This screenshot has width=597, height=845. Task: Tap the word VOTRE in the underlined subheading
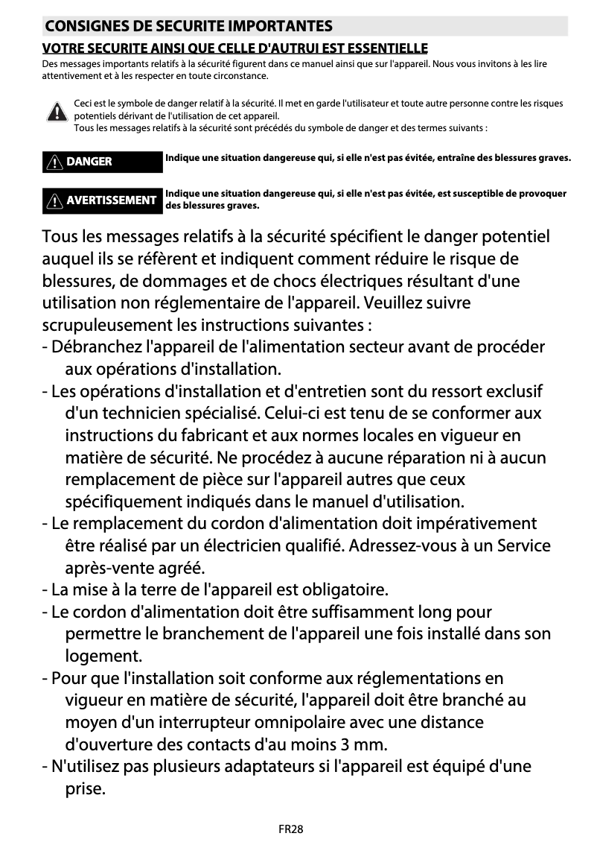[x=65, y=48]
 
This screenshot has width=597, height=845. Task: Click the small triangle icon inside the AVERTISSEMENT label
[x=54, y=200]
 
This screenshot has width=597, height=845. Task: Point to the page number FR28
[x=291, y=829]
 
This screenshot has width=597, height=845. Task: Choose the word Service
[x=524, y=545]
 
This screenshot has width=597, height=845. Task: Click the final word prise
[x=85, y=788]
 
